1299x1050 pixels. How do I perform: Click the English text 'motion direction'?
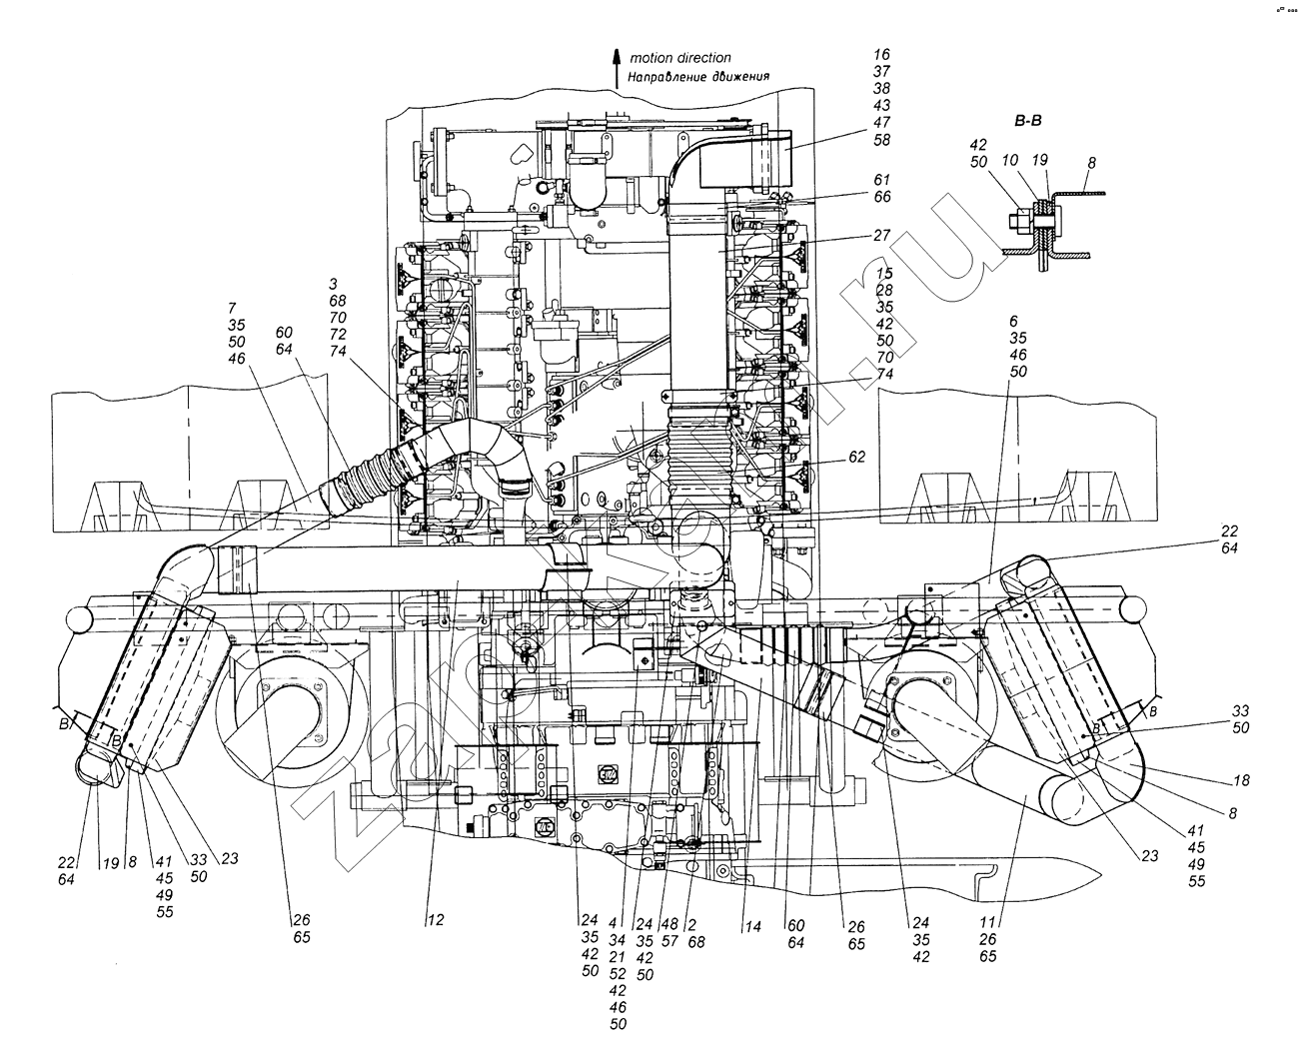679,58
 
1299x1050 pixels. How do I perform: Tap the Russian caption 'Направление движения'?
698,77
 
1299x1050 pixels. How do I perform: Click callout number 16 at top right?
880,55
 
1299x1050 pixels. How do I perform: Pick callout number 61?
880,180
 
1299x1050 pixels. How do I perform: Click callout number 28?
883,290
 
